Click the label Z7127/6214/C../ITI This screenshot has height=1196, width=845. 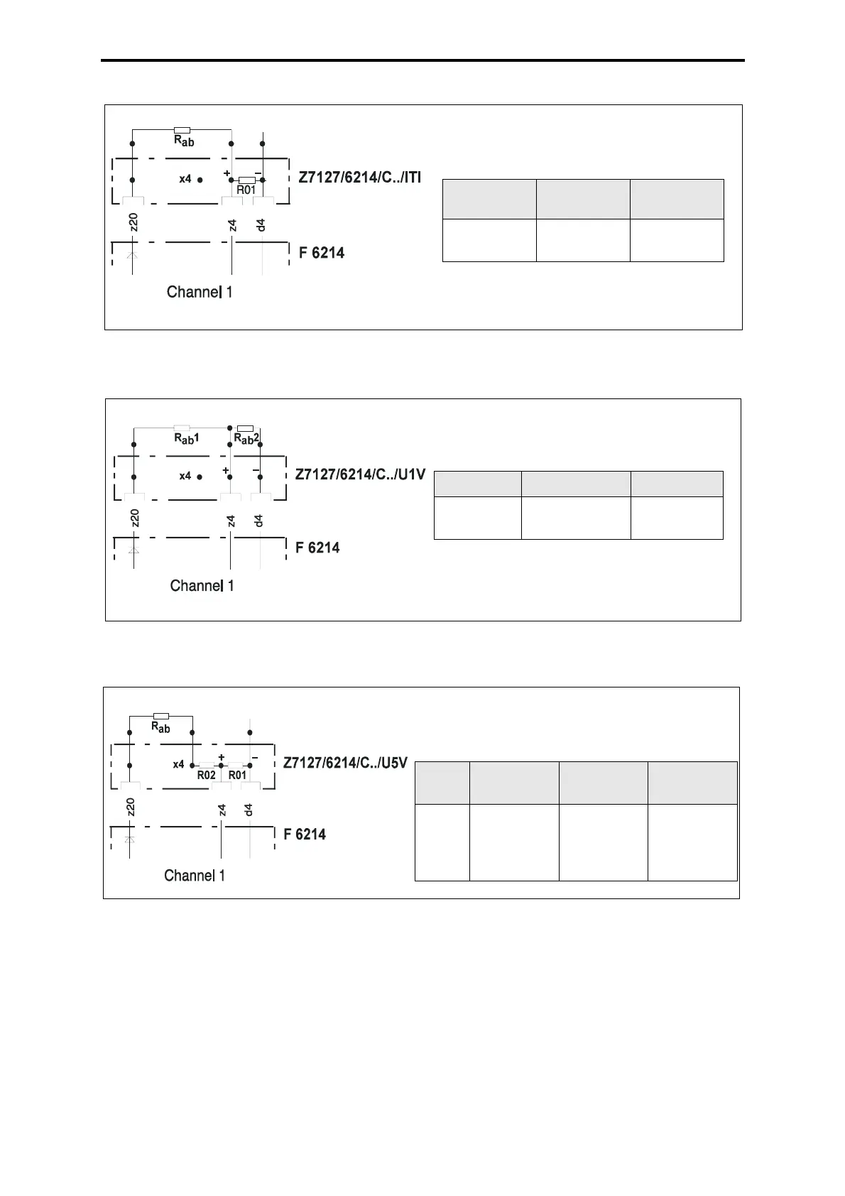[360, 178]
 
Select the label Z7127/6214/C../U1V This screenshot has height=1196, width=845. [360, 474]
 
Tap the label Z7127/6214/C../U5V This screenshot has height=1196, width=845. [345, 763]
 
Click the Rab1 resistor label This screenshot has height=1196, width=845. [186, 439]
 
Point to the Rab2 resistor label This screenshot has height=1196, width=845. [246, 439]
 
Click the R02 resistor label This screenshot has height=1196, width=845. [207, 775]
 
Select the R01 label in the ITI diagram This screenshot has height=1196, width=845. [246, 190]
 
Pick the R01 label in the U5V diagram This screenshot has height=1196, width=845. [238, 775]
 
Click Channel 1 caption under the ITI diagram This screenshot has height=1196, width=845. [199, 292]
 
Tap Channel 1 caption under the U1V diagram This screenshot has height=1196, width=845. [202, 586]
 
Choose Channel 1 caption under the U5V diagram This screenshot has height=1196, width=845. [195, 876]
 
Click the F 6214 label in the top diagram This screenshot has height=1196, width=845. [322, 253]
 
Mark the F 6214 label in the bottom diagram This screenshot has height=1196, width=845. [304, 834]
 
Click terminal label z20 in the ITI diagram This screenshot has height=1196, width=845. [133, 222]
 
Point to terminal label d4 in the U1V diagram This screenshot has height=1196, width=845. [259, 521]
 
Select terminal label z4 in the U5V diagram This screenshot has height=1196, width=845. [222, 810]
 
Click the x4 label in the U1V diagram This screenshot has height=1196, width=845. [185, 476]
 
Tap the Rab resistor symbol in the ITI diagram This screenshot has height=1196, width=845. [182, 130]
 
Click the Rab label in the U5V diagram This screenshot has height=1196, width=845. [160, 727]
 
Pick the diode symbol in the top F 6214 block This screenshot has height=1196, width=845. [132, 255]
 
